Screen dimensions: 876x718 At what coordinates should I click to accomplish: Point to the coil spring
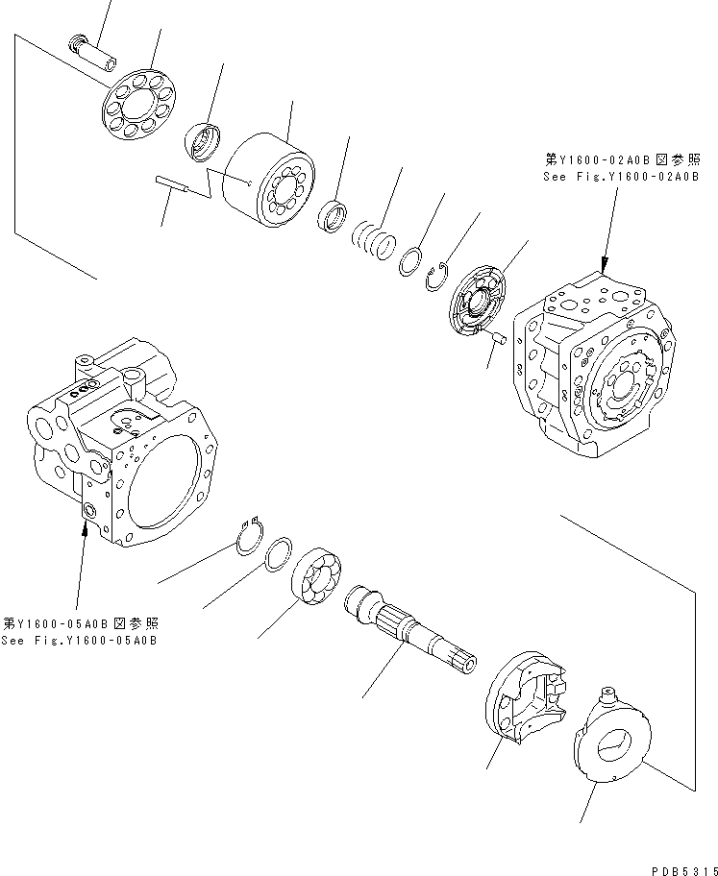(x=373, y=239)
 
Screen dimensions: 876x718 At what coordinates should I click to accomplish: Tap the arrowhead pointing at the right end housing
(x=604, y=266)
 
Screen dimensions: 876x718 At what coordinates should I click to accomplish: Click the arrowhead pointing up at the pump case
(x=85, y=527)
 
